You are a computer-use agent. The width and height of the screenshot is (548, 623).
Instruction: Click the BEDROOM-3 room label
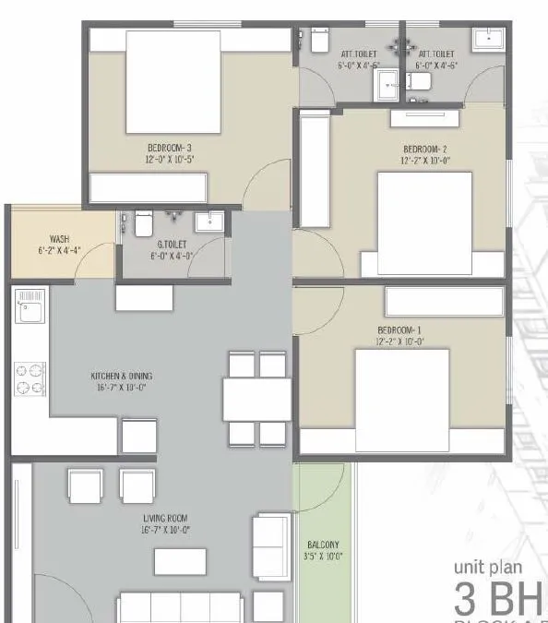pos(169,148)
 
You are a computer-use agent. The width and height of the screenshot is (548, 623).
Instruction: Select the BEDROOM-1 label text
pos(399,330)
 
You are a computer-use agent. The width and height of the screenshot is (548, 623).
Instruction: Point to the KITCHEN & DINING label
pos(121,377)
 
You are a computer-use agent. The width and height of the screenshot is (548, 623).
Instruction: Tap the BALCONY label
pos(324,545)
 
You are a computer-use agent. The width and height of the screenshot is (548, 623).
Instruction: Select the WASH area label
pos(48,239)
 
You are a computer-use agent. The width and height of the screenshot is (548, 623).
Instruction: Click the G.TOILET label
pos(173,245)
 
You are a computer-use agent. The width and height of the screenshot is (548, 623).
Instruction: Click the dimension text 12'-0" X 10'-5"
pos(169,160)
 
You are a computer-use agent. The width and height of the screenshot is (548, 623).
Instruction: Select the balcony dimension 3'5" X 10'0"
pos(324,557)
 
